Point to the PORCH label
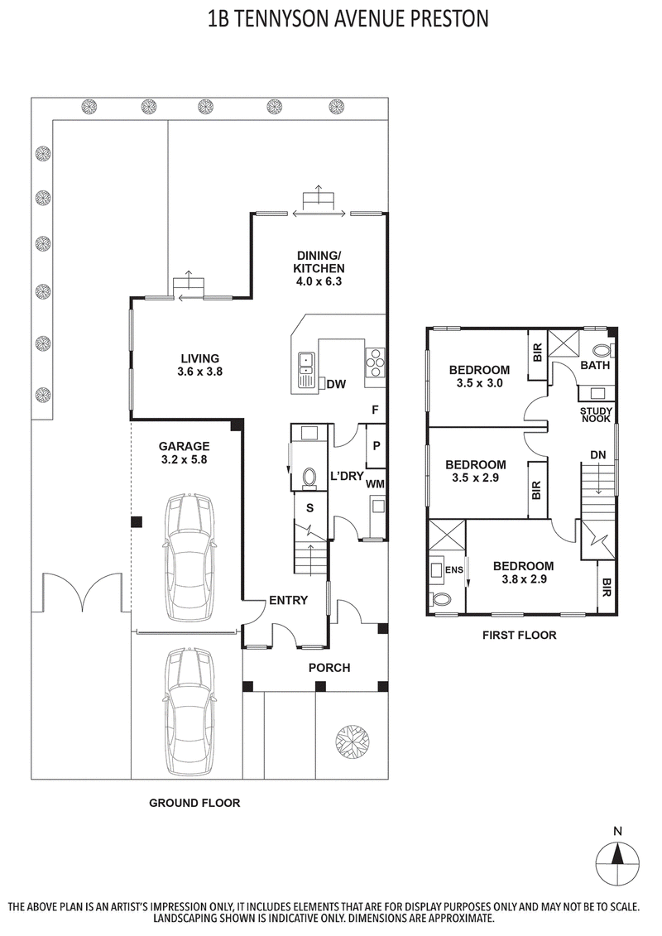[329, 668]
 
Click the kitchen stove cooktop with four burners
[374, 361]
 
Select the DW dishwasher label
[336, 384]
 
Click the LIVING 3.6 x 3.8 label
[200, 365]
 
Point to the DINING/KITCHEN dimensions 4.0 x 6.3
[319, 281]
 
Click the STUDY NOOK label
[595, 415]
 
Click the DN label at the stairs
[597, 455]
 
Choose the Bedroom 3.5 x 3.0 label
[479, 376]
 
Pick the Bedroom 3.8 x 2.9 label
[523, 573]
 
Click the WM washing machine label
[375, 483]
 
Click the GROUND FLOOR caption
[194, 803]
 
